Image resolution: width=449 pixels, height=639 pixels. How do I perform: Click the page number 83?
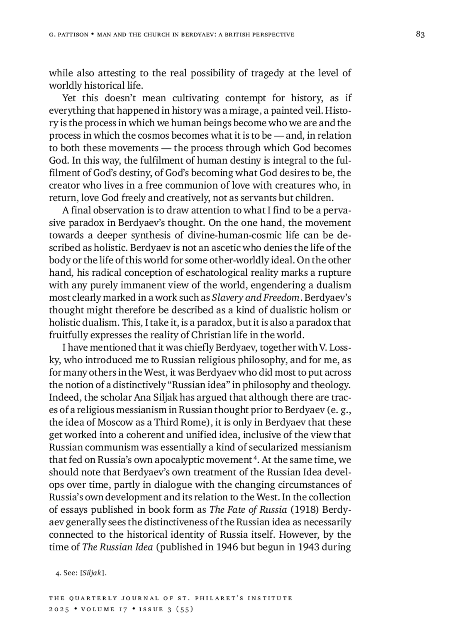[x=420, y=35]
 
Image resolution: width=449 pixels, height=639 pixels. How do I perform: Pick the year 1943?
[x=310, y=547]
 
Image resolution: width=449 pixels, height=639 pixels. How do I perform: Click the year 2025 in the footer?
[x=59, y=609]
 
